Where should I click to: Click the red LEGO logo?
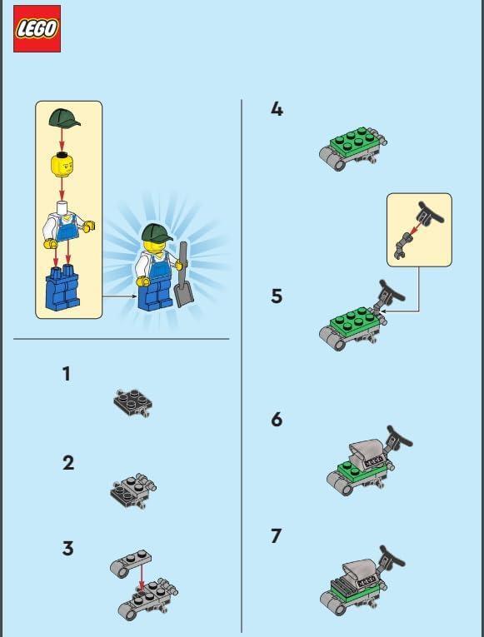tap(37, 29)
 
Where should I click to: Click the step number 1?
tap(67, 374)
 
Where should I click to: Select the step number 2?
tap(67, 463)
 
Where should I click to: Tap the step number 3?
tap(67, 549)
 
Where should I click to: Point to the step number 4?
tap(277, 108)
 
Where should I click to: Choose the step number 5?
tap(277, 296)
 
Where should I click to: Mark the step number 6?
tap(277, 419)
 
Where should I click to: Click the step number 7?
tap(277, 536)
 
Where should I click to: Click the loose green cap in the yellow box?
tap(63, 119)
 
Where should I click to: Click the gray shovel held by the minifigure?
tap(182, 279)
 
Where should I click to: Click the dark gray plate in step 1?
tap(132, 402)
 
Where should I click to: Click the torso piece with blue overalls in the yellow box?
tap(67, 226)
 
